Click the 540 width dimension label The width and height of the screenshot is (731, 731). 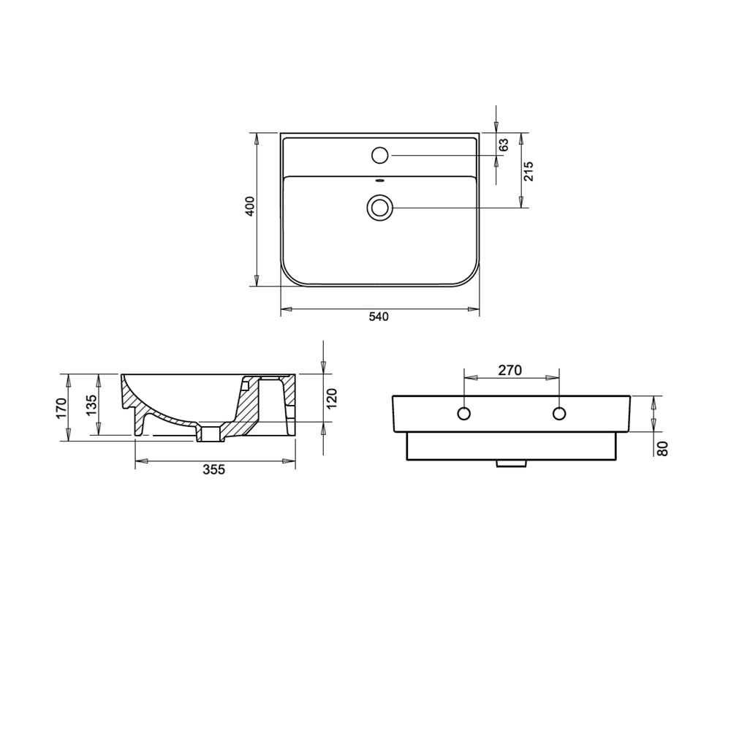pyautogui.click(x=379, y=317)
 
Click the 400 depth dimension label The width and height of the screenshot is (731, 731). pyautogui.click(x=250, y=206)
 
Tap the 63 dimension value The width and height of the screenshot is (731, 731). pyautogui.click(x=504, y=145)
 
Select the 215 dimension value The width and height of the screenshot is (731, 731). pyautogui.click(x=529, y=171)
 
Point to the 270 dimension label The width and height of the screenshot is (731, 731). pyautogui.click(x=510, y=370)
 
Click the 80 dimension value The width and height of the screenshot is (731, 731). pyautogui.click(x=662, y=448)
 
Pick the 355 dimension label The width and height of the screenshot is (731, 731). pyautogui.click(x=214, y=469)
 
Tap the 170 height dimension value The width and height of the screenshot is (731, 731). pyautogui.click(x=62, y=408)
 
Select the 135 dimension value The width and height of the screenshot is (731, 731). pyautogui.click(x=91, y=405)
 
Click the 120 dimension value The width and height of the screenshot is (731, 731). pyautogui.click(x=331, y=398)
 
